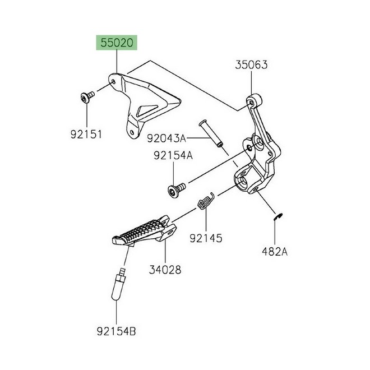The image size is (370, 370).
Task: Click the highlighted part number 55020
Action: [x=117, y=43]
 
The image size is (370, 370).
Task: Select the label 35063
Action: [x=251, y=65]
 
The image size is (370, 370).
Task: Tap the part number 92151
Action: [x=86, y=135]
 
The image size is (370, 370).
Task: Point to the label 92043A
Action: [x=167, y=138]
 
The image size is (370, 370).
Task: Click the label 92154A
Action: [x=173, y=155]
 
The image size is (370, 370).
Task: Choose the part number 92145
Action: [x=206, y=238]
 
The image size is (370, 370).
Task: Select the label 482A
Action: [x=275, y=252]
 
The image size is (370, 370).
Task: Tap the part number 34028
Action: [x=165, y=270]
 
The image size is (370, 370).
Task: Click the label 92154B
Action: [x=117, y=331]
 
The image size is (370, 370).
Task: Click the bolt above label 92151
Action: [x=87, y=97]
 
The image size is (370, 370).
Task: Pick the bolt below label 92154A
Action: [x=177, y=190]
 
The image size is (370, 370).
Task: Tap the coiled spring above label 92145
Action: [x=206, y=201]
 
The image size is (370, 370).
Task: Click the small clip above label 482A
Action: [x=278, y=217]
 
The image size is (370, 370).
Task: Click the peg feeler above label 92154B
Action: [x=119, y=284]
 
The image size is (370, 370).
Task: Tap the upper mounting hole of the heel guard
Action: [x=113, y=82]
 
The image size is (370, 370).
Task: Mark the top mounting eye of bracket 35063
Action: [x=252, y=103]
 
